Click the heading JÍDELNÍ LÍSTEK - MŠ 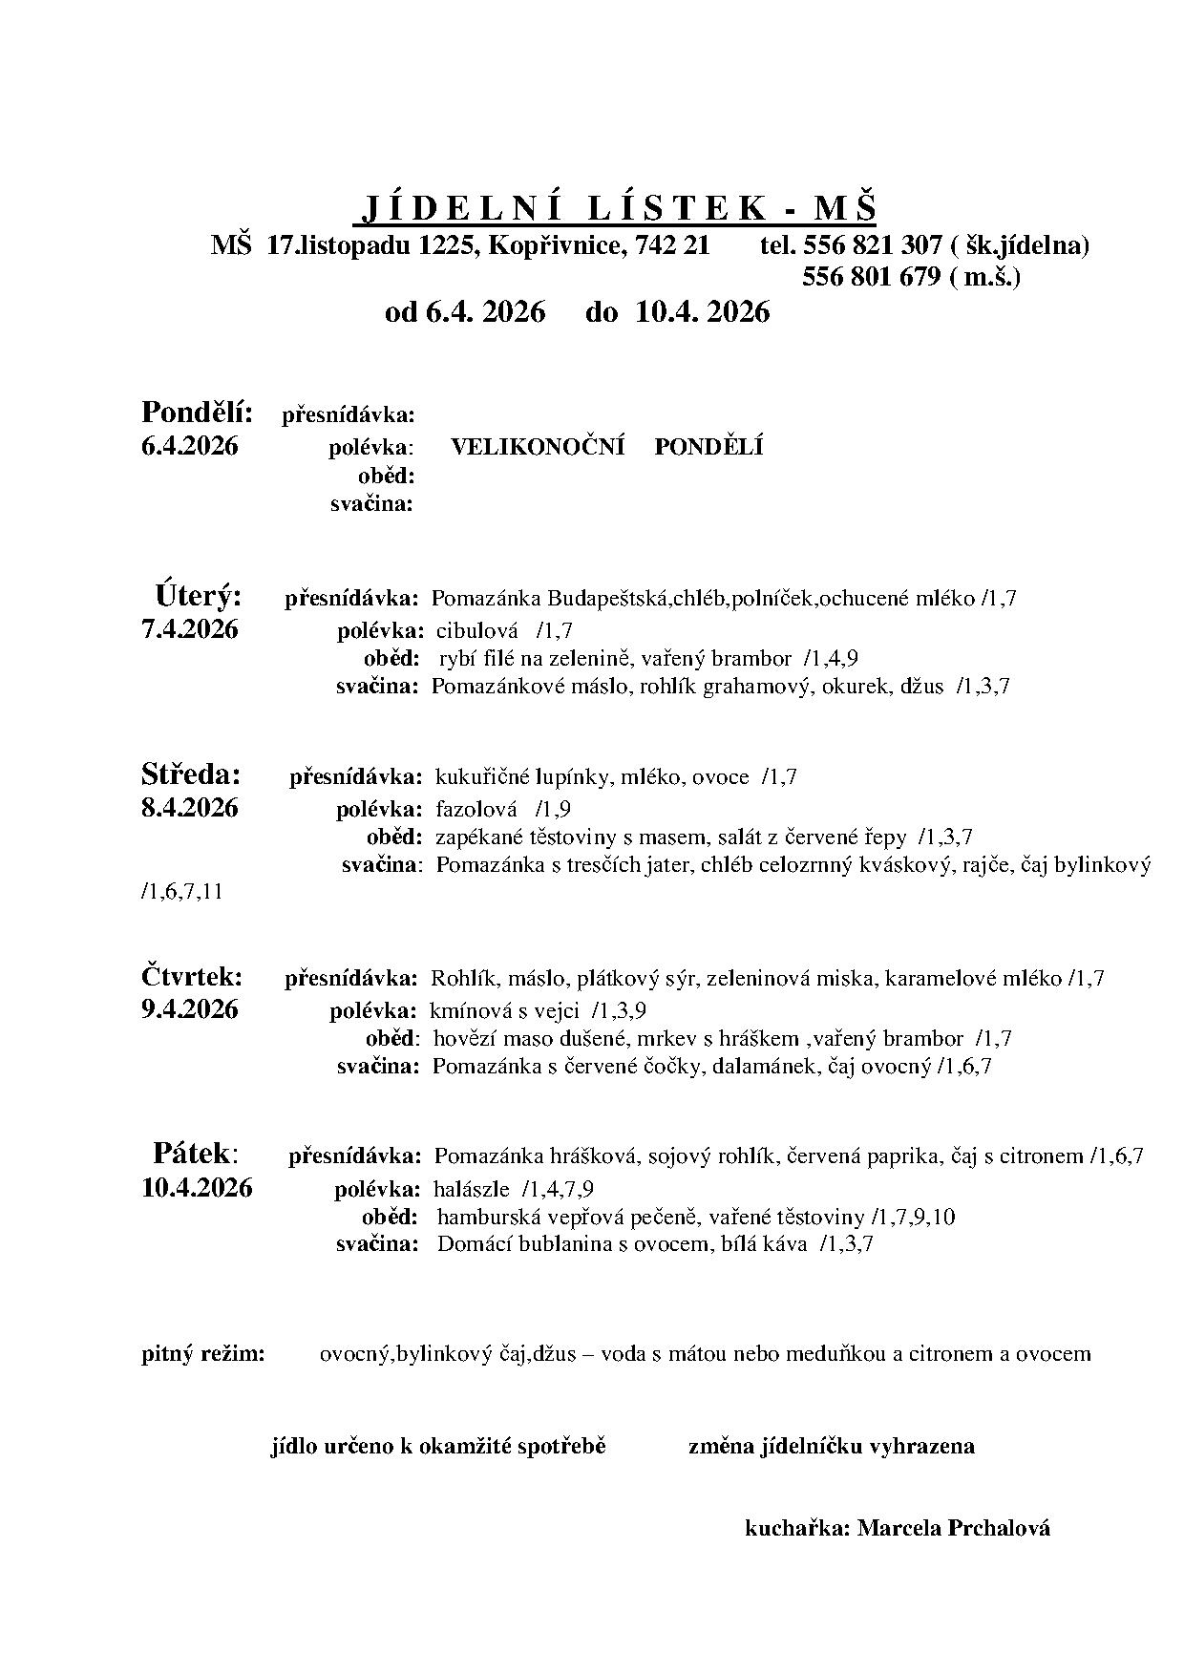coord(619,207)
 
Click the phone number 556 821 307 coord(873,245)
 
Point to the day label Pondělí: coord(197,413)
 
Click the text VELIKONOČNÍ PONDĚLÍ coord(606,447)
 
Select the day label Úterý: coord(198,597)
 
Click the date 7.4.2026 coord(189,629)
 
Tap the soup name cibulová coord(476,630)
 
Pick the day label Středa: coord(191,773)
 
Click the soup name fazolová coord(476,809)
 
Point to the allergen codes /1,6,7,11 coord(181,893)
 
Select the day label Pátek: coord(195,1153)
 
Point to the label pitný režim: coord(203,1353)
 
